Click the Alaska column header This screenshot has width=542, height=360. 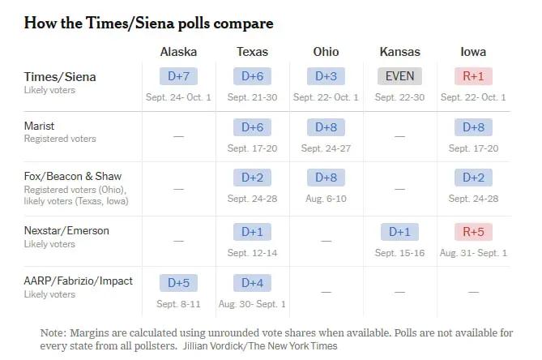click(x=178, y=52)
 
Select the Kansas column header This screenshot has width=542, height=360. click(x=400, y=52)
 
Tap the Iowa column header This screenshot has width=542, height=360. click(x=473, y=52)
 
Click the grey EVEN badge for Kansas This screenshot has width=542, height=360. click(x=399, y=76)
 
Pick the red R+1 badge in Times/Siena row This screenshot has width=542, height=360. click(x=473, y=76)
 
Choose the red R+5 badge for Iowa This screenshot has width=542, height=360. click(x=473, y=232)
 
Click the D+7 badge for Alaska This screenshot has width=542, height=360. click(x=178, y=76)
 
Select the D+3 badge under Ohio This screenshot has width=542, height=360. click(x=326, y=76)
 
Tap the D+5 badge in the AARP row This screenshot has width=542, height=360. click(x=178, y=283)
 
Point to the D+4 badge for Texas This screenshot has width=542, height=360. click(x=252, y=283)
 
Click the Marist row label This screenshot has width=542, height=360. click(x=39, y=126)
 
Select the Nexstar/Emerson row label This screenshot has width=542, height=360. click(x=66, y=230)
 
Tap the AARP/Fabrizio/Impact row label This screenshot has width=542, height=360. click(x=78, y=281)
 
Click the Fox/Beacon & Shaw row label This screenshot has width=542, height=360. click(x=73, y=177)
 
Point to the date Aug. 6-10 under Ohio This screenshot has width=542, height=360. click(x=326, y=199)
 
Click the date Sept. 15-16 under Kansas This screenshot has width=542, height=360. click(x=399, y=253)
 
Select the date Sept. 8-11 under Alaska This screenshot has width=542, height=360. click(x=178, y=304)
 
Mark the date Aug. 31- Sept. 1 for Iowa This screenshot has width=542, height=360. click(x=473, y=253)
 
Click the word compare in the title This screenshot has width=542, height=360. click(x=243, y=24)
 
